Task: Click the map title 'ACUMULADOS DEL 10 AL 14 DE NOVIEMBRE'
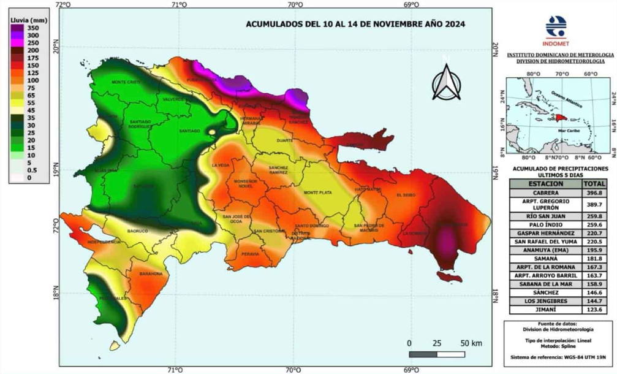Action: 355,25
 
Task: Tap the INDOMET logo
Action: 556,28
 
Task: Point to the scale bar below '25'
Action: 436,354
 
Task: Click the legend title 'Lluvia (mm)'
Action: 25,20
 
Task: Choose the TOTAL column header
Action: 591,183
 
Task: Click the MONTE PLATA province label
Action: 317,193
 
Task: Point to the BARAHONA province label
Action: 151,273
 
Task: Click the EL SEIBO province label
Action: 406,195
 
